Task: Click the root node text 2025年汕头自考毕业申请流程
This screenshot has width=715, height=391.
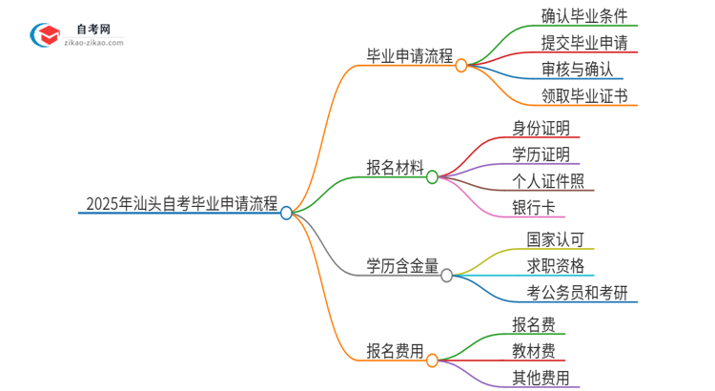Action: pos(181,203)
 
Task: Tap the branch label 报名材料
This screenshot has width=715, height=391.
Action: pos(395,167)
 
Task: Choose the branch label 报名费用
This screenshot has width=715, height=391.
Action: pos(395,350)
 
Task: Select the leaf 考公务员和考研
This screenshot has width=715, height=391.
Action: pos(577,292)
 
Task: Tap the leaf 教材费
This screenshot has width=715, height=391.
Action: pos(533,350)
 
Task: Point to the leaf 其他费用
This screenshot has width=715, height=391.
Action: pos(540,377)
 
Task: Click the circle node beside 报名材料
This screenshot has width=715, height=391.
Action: pos(432,177)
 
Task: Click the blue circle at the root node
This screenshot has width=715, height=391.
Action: pos(286,214)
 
